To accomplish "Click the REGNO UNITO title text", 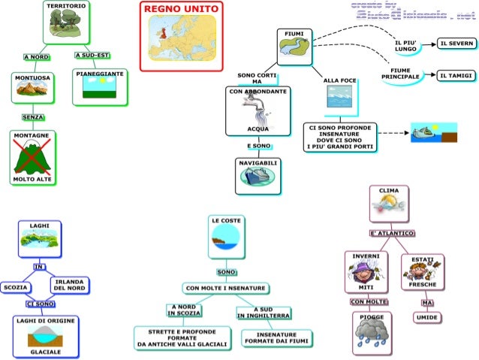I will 181,8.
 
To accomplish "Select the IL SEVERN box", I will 456,44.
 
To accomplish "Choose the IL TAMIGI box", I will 456,76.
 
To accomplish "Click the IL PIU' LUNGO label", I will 405,46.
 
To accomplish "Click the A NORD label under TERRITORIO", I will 36,57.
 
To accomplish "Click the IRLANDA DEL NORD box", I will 70,284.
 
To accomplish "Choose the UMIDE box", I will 426,318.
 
